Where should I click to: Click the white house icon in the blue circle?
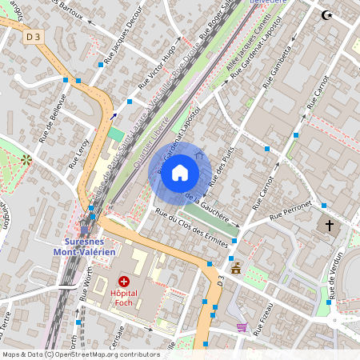(180, 173)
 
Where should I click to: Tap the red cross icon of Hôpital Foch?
(124, 281)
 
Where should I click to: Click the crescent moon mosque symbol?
(326, 14)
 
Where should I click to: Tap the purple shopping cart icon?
(242, 326)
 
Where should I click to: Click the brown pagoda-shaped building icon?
(235, 267)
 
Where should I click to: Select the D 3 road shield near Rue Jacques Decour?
(33, 36)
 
